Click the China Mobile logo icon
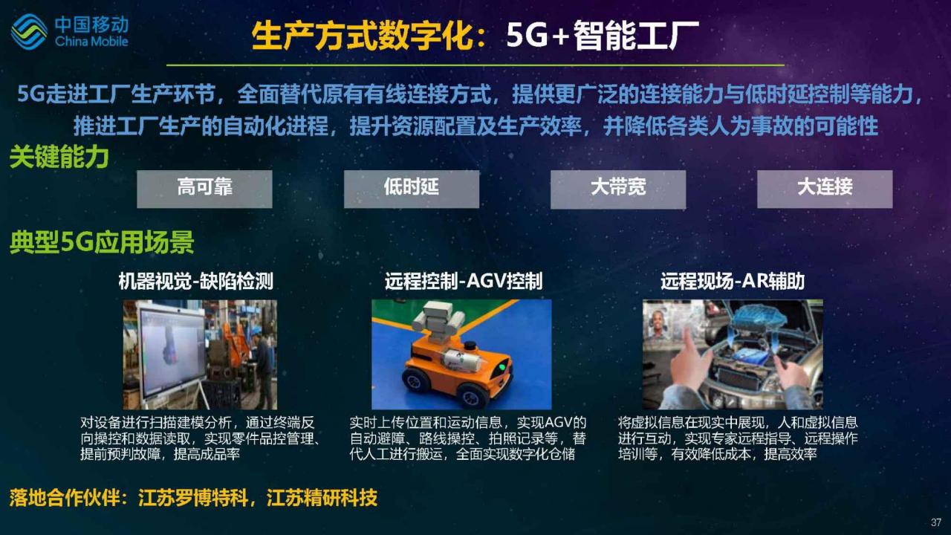29,32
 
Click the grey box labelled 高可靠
204,189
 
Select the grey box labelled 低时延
412,189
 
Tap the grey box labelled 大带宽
618,189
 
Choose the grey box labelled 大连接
825,189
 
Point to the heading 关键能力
59,157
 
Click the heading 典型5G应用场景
102,242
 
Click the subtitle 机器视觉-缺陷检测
195,281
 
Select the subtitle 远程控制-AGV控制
464,281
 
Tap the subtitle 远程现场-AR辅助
733,281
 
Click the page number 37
936,522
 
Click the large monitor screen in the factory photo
170,352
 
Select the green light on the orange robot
502,367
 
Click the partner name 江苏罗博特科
193,498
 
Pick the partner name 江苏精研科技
322,498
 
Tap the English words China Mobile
91,41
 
